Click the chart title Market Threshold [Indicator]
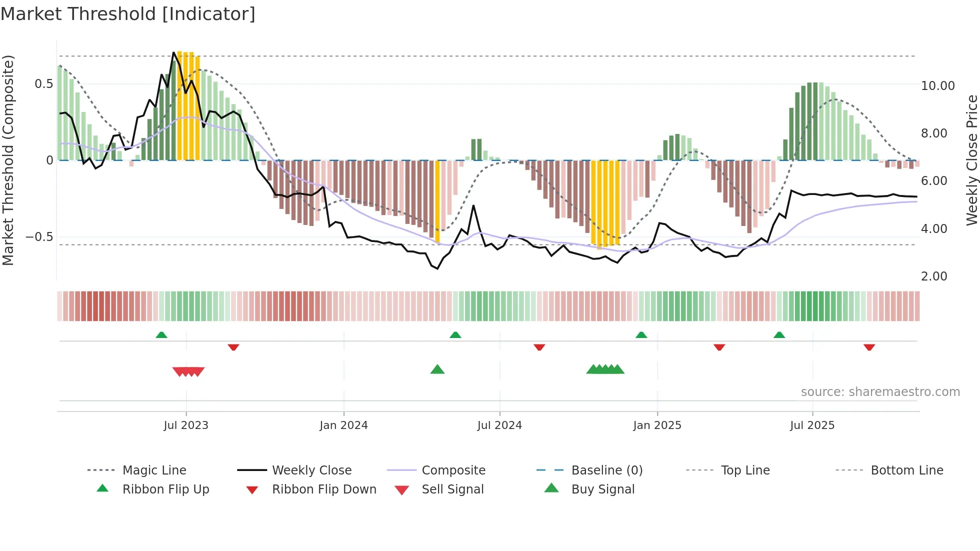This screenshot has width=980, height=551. click(128, 14)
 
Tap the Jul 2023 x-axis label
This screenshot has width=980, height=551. click(186, 425)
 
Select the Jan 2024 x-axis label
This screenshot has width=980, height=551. click(343, 425)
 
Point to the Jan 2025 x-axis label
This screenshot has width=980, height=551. click(657, 425)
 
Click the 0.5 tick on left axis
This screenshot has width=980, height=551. click(43, 84)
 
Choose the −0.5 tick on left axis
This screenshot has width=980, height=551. click(39, 237)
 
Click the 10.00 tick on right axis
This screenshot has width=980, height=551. click(937, 86)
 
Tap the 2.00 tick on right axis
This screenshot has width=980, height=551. click(934, 276)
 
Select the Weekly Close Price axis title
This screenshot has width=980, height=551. click(971, 160)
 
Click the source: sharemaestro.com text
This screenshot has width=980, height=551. click(880, 392)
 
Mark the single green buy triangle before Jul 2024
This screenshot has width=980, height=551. click(437, 369)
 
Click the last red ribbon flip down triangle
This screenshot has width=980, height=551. click(869, 347)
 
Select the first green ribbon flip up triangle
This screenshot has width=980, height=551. click(161, 335)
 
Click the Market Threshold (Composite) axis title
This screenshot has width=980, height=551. click(8, 160)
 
